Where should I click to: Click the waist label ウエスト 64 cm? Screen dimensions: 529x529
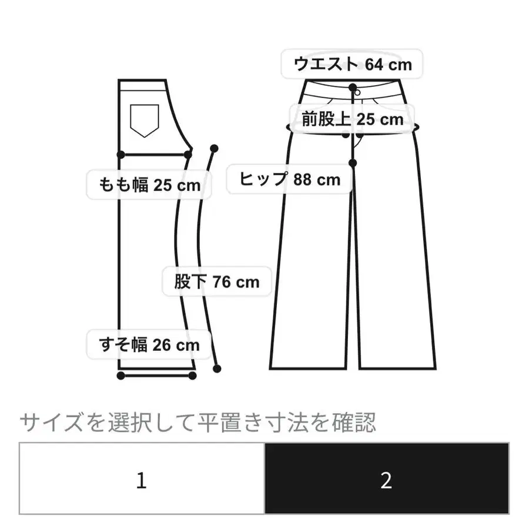tap(353, 64)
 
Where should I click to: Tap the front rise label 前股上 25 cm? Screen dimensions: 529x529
tap(353, 120)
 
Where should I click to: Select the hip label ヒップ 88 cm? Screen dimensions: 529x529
tap(290, 179)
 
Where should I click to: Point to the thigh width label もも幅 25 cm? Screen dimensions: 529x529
tap(144, 186)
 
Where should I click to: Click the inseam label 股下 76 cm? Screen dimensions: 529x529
tap(217, 282)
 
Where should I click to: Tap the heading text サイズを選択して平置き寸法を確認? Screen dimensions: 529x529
tap(197, 422)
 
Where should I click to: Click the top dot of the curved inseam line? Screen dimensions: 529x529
tap(214, 148)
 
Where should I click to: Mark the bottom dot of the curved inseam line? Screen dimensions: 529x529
tap(217, 369)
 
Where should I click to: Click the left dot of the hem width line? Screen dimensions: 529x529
tap(120, 376)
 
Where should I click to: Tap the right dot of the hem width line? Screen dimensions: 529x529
tap(193, 376)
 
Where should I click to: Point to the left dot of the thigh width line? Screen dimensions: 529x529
tap(120, 155)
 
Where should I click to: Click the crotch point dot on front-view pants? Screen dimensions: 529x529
tap(353, 162)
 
